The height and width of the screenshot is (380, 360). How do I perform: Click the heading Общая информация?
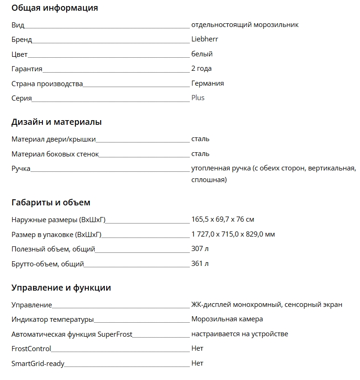tap(54, 8)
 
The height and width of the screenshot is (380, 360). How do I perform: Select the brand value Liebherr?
tap(204, 39)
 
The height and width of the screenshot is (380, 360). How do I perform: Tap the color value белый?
tap(202, 54)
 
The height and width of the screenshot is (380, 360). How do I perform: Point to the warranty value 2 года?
tap(201, 68)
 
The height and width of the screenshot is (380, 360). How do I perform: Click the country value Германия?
tap(207, 83)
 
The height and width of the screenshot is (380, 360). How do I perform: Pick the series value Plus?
tap(197, 98)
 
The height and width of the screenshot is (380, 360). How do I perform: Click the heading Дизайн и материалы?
tap(56, 122)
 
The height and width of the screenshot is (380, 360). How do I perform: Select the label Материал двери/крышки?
tap(54, 139)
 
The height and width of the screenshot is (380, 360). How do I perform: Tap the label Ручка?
tap(21, 169)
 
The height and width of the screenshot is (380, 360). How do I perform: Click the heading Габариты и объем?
tap(51, 203)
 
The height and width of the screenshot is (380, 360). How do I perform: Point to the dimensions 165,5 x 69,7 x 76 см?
tap(223, 219)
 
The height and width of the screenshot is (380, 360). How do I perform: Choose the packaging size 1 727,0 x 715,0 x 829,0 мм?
tap(233, 234)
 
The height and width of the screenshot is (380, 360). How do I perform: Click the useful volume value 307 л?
tap(200, 249)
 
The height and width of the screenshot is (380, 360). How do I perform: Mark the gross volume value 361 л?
tap(200, 264)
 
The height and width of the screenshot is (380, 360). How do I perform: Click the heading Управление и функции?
tap(61, 288)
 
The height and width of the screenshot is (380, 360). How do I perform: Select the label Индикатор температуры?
tap(53, 319)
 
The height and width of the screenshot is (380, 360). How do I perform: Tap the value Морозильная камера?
tap(227, 319)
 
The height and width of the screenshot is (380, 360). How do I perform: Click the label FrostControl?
tap(31, 348)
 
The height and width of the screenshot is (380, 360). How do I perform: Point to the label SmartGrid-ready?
tap(38, 363)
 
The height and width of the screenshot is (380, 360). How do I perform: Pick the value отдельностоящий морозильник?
tap(245, 25)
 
